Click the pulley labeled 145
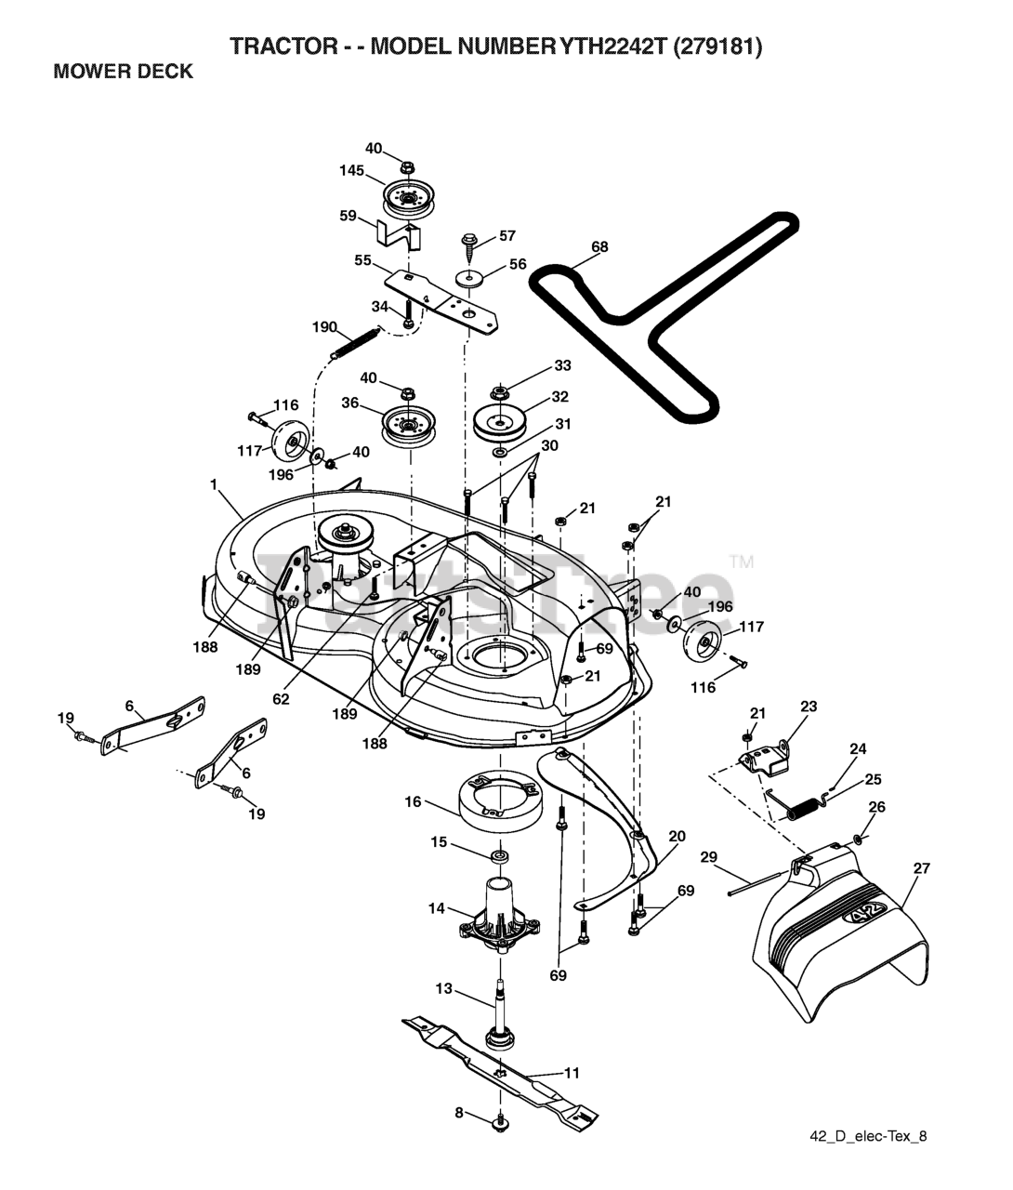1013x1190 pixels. coord(406,199)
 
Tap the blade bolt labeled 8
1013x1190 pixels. coord(500,1120)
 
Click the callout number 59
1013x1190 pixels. coord(349,216)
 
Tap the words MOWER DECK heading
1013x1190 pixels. coord(124,72)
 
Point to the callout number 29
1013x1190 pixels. coord(709,857)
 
